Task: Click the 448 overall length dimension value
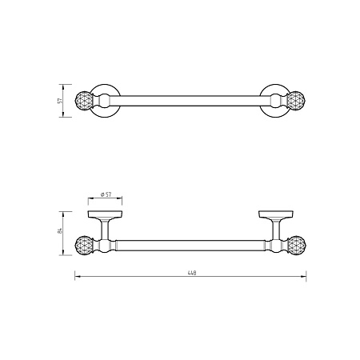(x=192, y=273)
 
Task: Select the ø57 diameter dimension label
(x=106, y=194)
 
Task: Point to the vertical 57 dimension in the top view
(x=60, y=101)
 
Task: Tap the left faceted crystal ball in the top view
(x=83, y=101)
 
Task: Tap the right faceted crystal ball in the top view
(x=296, y=101)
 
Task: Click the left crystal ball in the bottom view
(x=83, y=246)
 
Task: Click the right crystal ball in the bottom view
(x=297, y=246)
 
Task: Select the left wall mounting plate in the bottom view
(x=105, y=214)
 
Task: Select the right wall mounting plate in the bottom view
(x=276, y=214)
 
